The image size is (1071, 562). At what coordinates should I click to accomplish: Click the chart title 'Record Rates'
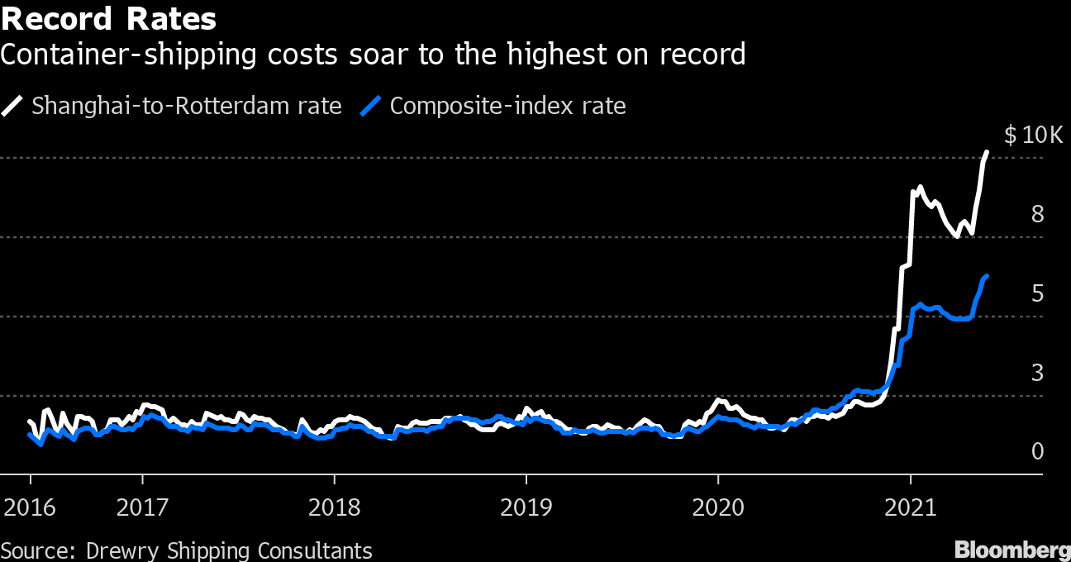109,18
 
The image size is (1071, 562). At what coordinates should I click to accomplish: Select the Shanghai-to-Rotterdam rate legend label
186,106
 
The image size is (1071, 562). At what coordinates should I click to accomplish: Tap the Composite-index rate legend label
507,106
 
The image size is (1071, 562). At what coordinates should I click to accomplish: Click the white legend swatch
14,106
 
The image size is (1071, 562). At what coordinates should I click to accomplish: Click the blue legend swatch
373,106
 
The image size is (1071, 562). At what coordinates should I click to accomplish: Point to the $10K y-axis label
1033,136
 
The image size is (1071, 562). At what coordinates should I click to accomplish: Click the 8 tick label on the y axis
1038,215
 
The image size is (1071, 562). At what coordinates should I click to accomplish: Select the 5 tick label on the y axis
1038,294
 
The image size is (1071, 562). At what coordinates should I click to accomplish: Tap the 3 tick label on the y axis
1038,374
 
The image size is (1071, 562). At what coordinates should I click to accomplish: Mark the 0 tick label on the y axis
1038,452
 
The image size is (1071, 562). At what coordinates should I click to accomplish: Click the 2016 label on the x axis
30,507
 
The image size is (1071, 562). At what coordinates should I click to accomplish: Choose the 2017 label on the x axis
142,507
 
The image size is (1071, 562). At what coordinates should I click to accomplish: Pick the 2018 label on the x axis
334,507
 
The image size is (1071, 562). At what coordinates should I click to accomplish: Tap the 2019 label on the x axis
526,507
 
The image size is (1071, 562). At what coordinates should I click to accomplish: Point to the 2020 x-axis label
718,507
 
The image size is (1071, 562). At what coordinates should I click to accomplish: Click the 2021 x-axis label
910,507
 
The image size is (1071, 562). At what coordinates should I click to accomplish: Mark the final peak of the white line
987,152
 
